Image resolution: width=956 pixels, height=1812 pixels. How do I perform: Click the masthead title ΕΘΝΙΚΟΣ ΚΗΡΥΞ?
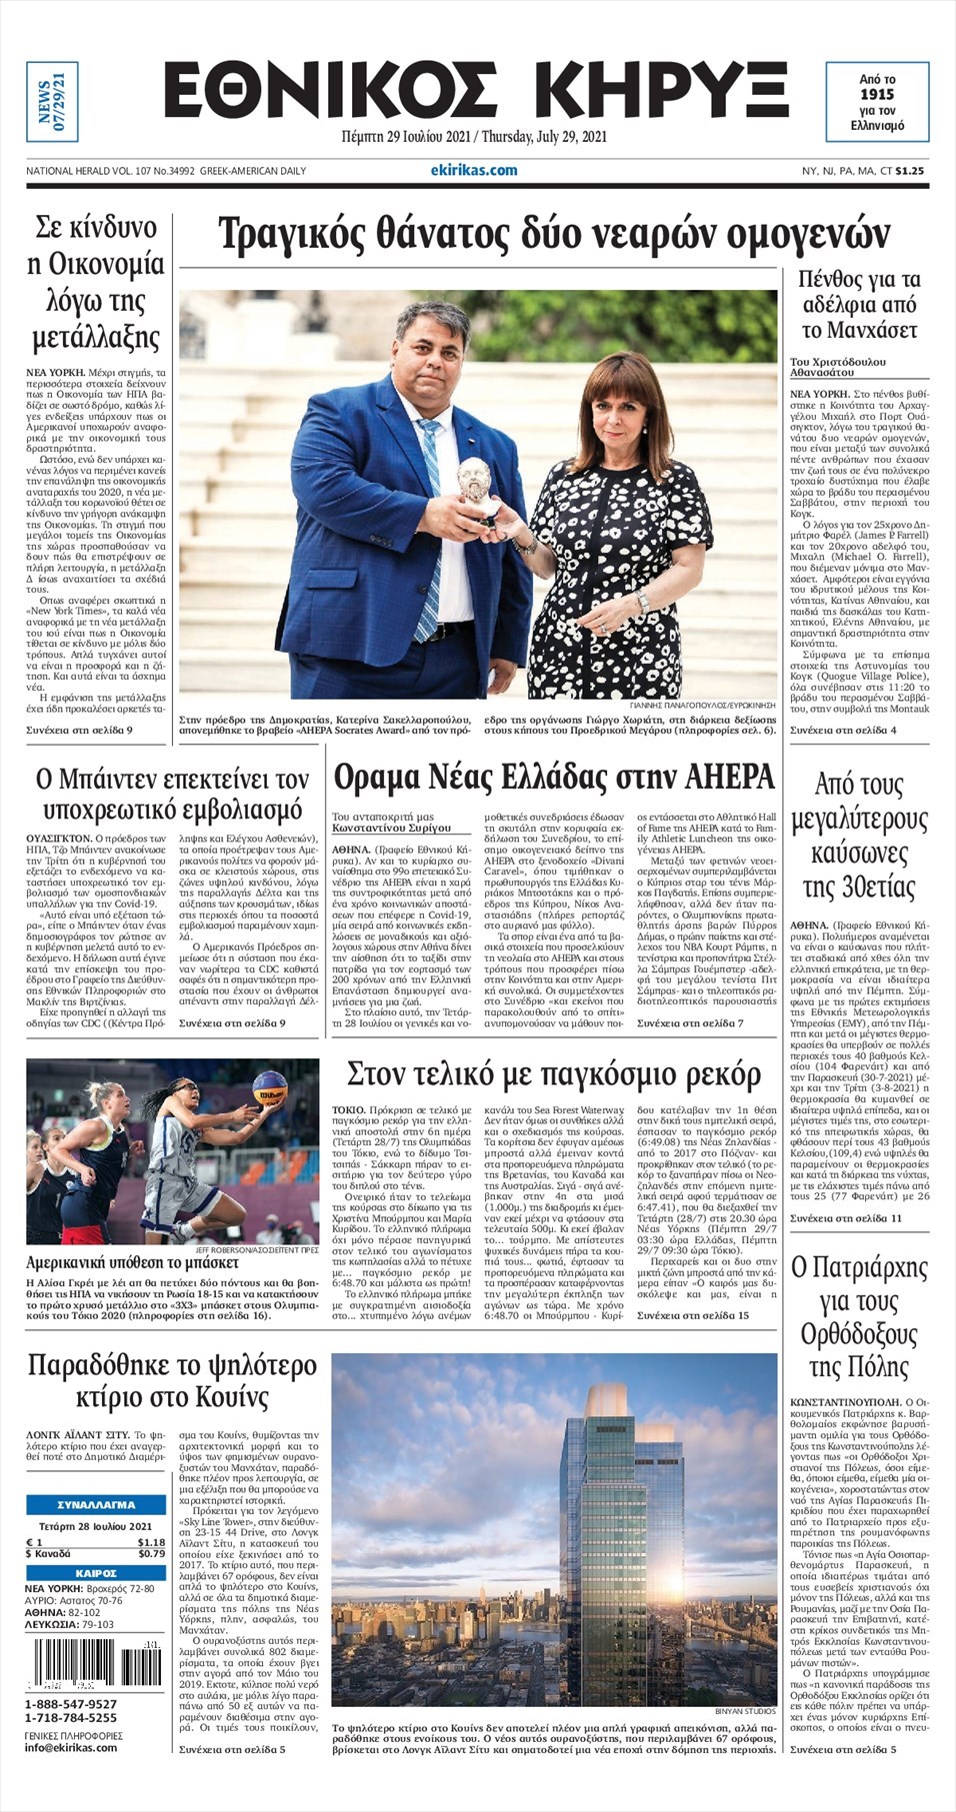tap(476, 93)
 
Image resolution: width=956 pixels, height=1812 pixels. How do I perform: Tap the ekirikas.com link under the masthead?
tap(481, 170)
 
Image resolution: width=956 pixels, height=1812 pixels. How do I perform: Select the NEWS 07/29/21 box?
tap(51, 101)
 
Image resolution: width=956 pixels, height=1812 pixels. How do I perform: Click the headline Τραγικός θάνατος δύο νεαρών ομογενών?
tap(553, 236)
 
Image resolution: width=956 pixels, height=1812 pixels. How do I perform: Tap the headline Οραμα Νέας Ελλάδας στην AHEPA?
tap(553, 778)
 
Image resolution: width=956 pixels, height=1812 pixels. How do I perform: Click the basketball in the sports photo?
tap(269, 1085)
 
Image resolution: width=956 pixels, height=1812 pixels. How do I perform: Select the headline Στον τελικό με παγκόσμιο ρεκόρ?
tap(553, 1075)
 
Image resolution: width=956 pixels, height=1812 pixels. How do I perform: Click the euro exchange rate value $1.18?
tap(151, 1542)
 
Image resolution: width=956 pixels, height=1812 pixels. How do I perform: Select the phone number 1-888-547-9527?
tap(70, 1704)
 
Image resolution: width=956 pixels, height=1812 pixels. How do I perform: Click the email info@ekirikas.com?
tap(71, 1747)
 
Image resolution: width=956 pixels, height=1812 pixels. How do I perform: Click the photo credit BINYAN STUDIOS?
tap(745, 1711)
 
